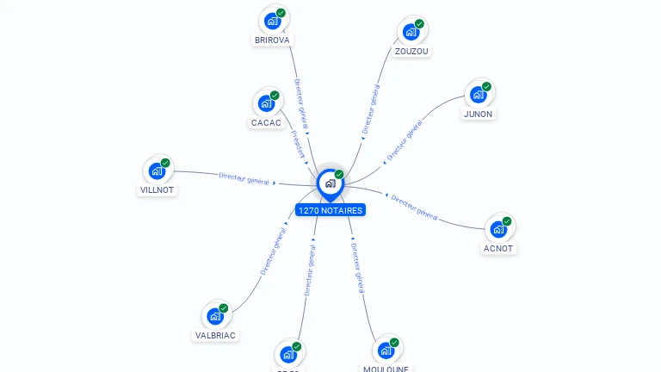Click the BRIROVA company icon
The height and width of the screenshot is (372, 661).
tap(273, 21)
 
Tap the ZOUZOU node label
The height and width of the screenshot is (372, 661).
tap(411, 51)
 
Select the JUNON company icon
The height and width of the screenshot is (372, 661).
tap(479, 95)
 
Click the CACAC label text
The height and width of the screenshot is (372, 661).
tap(266, 122)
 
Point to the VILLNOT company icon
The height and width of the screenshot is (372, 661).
tap(157, 170)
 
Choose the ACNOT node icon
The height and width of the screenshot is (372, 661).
tap(498, 229)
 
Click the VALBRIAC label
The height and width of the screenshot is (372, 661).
tap(215, 335)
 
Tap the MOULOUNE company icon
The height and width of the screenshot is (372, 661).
tap(386, 350)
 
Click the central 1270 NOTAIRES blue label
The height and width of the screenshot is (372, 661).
tap(330, 210)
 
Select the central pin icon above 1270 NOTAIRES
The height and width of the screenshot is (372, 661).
tap(330, 183)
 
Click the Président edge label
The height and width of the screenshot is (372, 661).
tap(298, 144)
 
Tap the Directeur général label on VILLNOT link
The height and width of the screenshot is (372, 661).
tap(244, 178)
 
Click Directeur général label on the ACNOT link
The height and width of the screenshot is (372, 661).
tap(415, 207)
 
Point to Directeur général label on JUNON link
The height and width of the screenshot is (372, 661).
tap(404, 141)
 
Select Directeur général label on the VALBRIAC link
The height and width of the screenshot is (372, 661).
tap(273, 251)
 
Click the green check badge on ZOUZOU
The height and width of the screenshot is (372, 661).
tap(419, 23)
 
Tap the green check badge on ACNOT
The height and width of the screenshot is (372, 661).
tap(507, 221)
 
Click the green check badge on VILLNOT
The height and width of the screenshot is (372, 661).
tap(165, 163)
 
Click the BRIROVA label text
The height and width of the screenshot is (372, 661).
tap(273, 40)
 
